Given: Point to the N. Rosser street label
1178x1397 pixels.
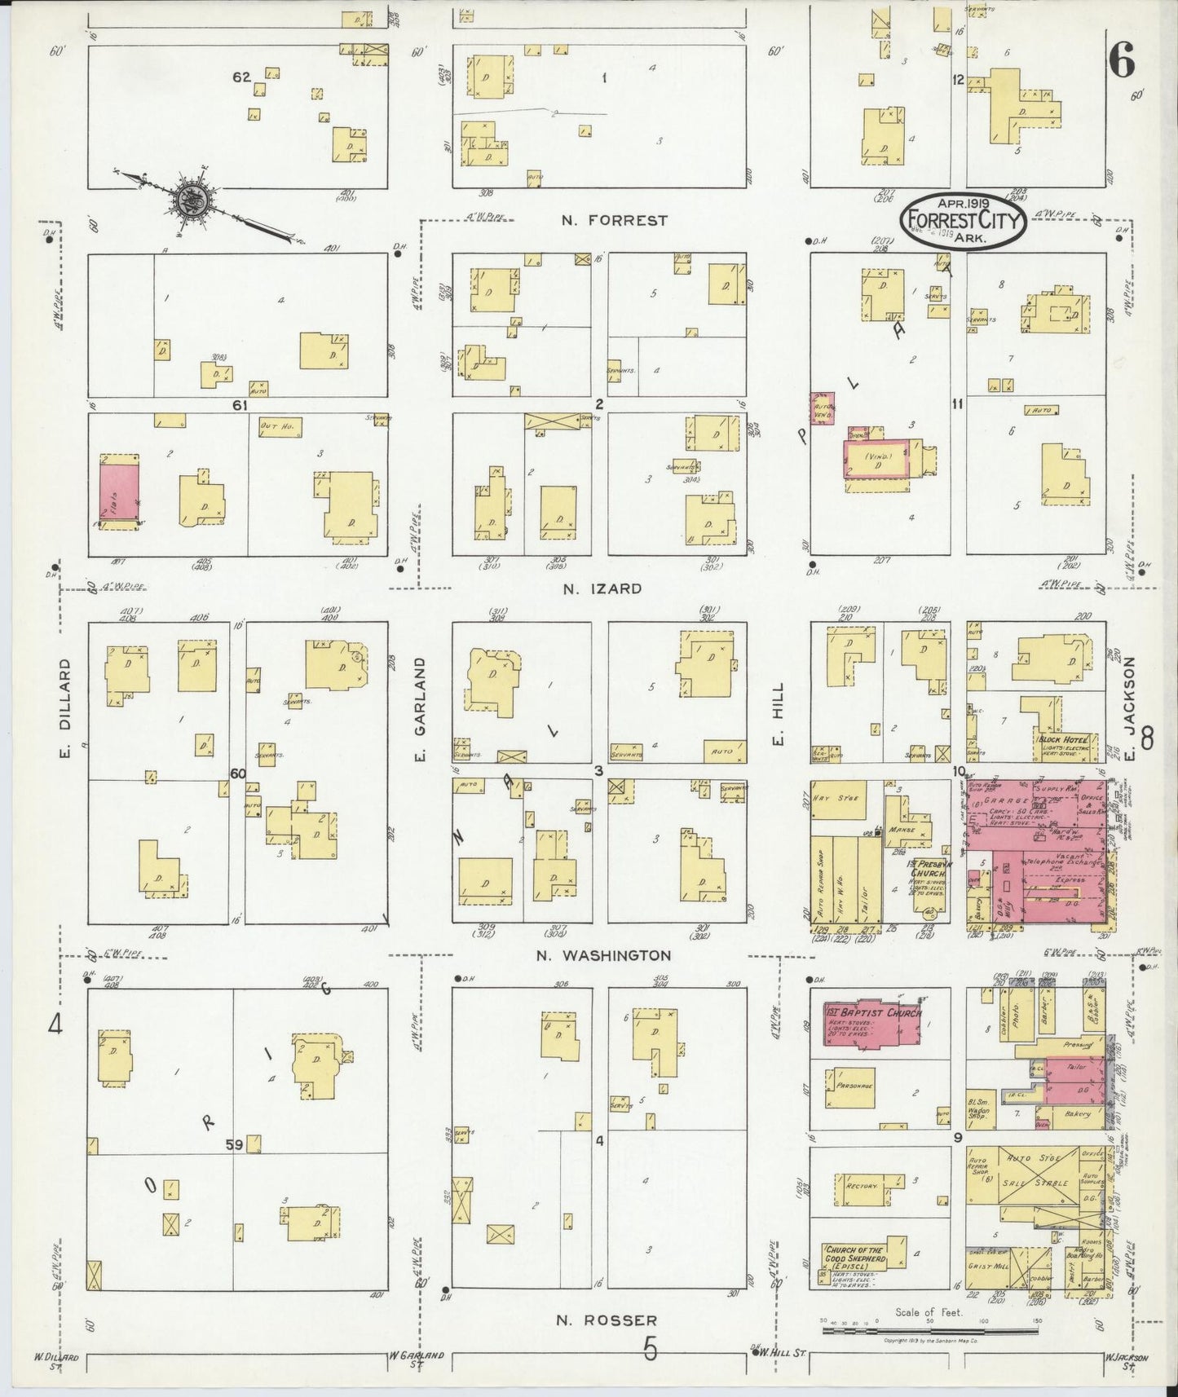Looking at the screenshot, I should coord(607,1320).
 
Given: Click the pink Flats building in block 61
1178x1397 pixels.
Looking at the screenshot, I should coord(120,491).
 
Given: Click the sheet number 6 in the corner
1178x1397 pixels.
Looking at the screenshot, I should coord(1123,61).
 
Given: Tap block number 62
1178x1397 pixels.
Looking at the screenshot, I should coord(241,77).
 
